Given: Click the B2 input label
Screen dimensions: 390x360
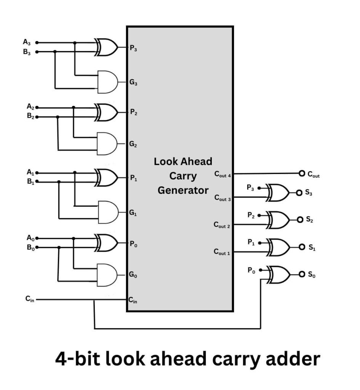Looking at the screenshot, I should (30, 117).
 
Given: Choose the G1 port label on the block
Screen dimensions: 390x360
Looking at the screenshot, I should (133, 213).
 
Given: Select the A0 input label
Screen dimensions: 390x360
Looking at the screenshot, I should (30, 238).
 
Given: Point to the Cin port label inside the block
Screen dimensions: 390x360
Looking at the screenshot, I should (133, 300).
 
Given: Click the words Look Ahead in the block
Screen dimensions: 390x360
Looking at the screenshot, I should (183, 161).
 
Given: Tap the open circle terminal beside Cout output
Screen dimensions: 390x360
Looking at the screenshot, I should (302, 174).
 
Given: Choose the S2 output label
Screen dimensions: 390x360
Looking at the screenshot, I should (310, 220).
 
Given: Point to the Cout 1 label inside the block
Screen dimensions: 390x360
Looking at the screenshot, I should (222, 252).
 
